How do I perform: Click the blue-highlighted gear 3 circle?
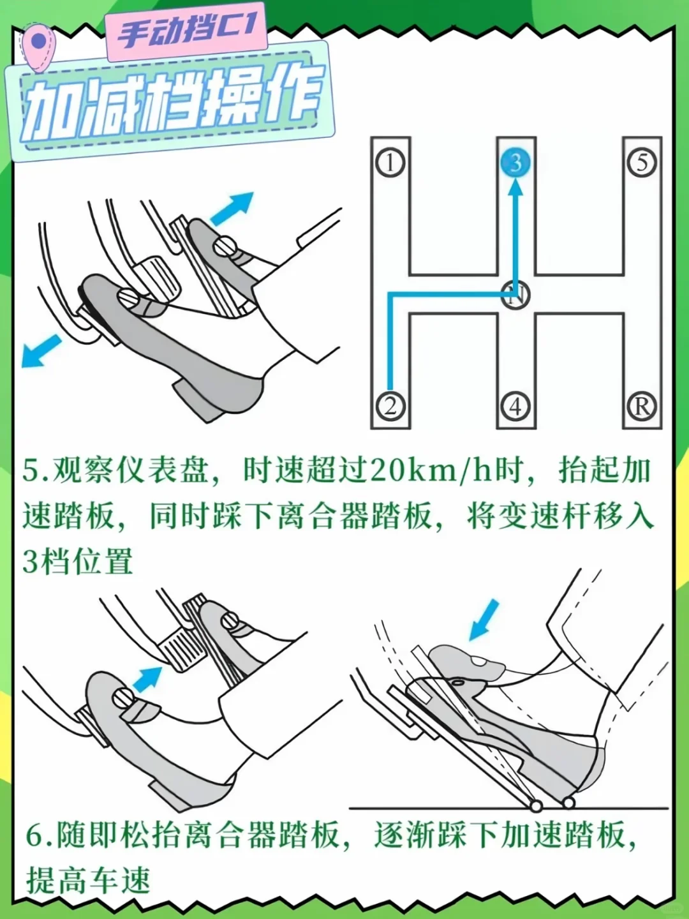pyautogui.click(x=515, y=163)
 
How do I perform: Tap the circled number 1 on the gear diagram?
pyautogui.click(x=390, y=163)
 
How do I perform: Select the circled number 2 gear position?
pyautogui.click(x=390, y=406)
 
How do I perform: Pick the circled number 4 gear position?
pyautogui.click(x=515, y=406)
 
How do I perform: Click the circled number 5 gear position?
pyautogui.click(x=642, y=163)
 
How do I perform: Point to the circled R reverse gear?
pyautogui.click(x=642, y=406)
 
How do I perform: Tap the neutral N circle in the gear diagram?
pyautogui.click(x=515, y=295)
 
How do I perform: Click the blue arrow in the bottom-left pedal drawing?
pyautogui.click(x=148, y=678)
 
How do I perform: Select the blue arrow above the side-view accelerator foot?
pyautogui.click(x=484, y=619)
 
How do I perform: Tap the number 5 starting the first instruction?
pyautogui.click(x=31, y=471)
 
